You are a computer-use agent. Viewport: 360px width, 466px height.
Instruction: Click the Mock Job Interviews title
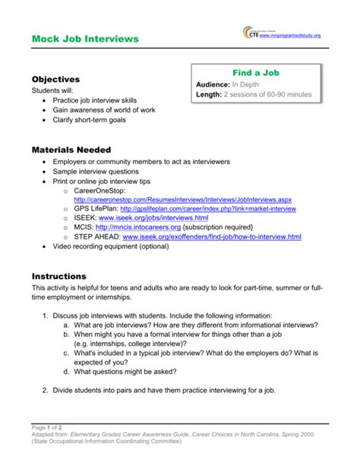[x=85, y=38]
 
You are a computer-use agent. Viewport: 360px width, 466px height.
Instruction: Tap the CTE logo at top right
[x=250, y=33]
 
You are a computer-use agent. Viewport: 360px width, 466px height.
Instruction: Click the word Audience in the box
[x=213, y=84]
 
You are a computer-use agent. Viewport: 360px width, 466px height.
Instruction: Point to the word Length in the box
[x=209, y=94]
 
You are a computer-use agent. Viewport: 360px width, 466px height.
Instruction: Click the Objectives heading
[x=55, y=79]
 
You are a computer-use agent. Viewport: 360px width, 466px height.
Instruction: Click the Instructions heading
[x=58, y=276]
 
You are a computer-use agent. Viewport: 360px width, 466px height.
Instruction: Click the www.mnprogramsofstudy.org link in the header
[x=290, y=36]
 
